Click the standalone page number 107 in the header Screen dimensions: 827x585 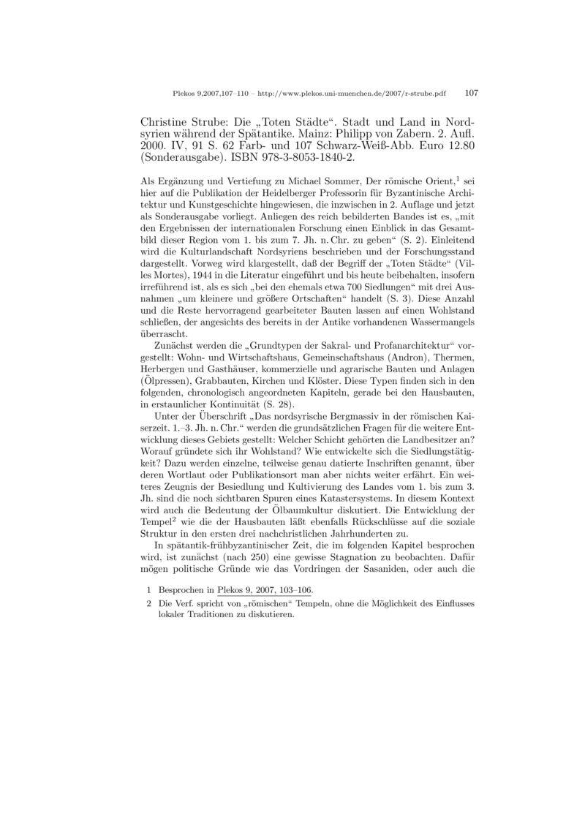(471, 94)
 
